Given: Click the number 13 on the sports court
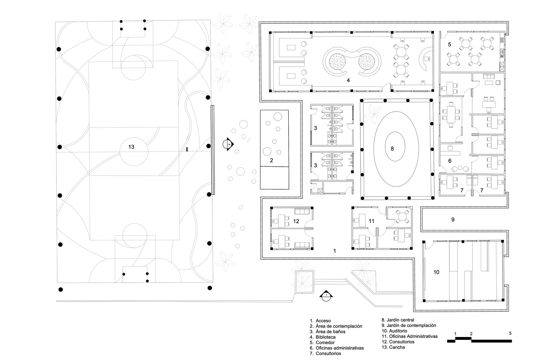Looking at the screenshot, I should [131, 147].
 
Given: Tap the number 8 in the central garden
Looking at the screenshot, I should [392, 148].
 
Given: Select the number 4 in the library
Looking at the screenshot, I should [348, 80].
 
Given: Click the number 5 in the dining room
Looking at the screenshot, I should [449, 45].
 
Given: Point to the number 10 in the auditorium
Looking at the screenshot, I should [436, 272].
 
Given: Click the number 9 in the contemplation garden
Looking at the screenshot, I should [453, 219].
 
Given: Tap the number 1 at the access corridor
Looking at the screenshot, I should [335, 251].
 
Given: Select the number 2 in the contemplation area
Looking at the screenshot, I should [271, 160].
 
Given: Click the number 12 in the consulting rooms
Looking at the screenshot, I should [296, 221].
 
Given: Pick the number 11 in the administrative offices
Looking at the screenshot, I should [372, 221].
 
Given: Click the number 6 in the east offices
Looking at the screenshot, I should [449, 161].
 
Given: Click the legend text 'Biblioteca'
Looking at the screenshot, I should [326, 337].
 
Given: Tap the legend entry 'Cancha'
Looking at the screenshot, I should [397, 347].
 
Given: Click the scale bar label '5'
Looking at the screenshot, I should [510, 333].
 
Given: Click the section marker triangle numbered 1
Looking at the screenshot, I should [326, 294].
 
